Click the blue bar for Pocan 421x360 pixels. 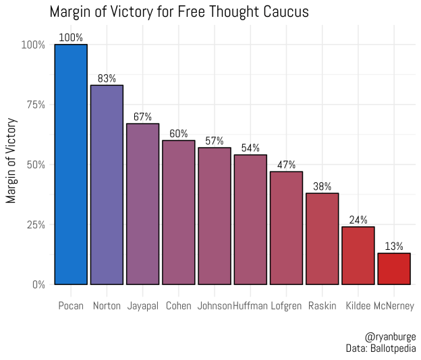pyautogui.click(x=71, y=164)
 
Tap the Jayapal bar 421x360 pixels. pyautogui.click(x=142, y=204)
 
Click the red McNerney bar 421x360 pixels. pyautogui.click(x=394, y=269)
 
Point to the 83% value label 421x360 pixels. pyautogui.click(x=107, y=78)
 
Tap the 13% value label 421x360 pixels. pyautogui.click(x=394, y=246)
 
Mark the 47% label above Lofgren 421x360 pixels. pyautogui.click(x=286, y=165)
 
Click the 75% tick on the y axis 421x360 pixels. pyautogui.click(x=33, y=105)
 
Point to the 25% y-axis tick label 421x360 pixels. pyautogui.click(x=33, y=224)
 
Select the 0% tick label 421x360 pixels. pyautogui.click(x=36, y=284)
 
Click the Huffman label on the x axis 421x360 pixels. pyautogui.click(x=250, y=306)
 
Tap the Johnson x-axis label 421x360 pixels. pyautogui.click(x=215, y=306)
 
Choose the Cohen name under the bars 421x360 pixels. pyautogui.click(x=179, y=306)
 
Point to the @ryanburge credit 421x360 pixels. pyautogui.click(x=390, y=336)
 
